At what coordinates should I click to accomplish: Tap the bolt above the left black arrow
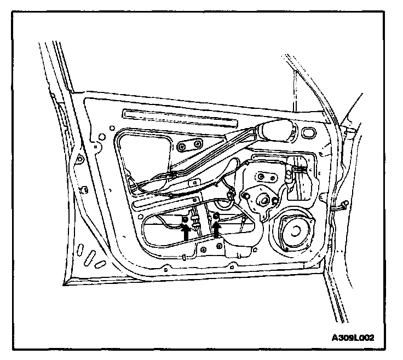(185, 220)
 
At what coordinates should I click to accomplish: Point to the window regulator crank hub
(262, 200)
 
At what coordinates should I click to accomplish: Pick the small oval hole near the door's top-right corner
(308, 133)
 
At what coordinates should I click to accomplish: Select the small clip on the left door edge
(84, 189)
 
